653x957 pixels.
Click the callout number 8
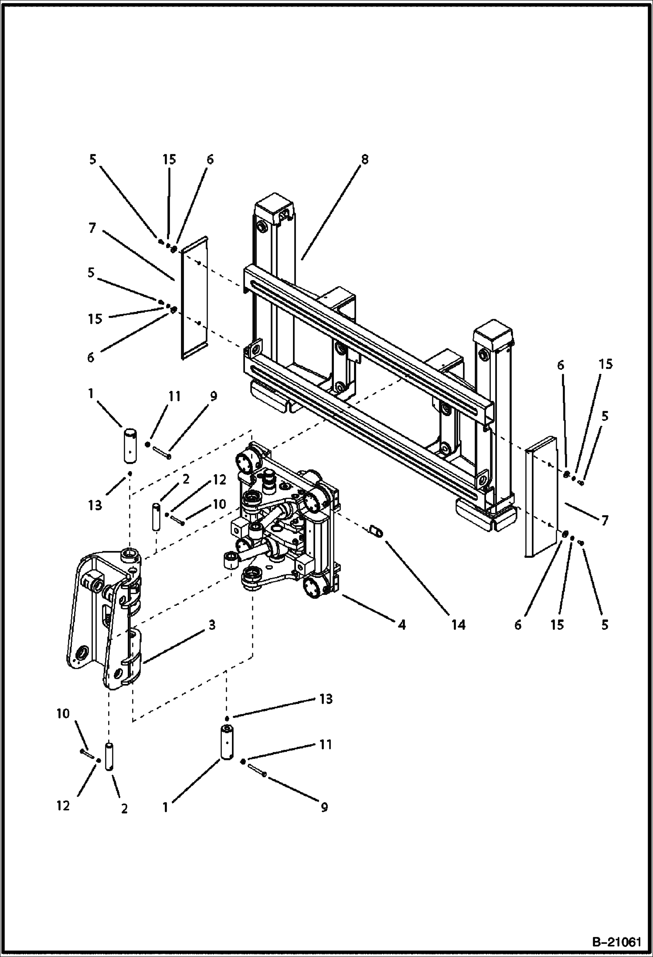click(x=365, y=160)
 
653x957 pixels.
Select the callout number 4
click(x=401, y=625)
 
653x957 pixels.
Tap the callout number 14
click(x=458, y=625)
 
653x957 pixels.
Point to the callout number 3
click(x=211, y=625)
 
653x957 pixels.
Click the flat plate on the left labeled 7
click(x=194, y=298)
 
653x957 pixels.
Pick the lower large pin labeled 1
click(x=228, y=742)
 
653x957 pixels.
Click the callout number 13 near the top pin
click(x=95, y=506)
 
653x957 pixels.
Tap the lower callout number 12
click(x=63, y=806)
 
